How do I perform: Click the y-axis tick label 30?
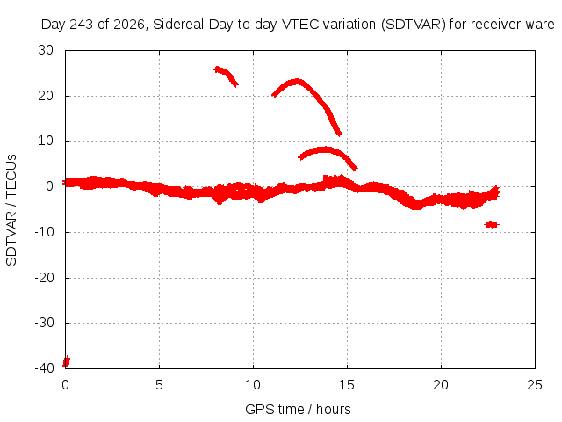point(46,50)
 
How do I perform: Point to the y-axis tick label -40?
point(44,368)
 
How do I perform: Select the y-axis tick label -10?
point(44,232)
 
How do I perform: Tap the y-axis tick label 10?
point(46,141)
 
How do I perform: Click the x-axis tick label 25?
point(535,385)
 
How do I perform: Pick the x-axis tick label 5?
point(159,385)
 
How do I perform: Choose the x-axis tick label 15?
point(347,385)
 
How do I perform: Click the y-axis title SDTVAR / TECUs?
point(11,210)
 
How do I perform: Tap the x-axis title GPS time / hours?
point(298,409)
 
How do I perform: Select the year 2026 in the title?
point(129,25)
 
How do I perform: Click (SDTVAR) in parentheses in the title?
point(413,25)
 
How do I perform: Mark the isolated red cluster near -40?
point(67,361)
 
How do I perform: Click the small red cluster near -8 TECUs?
point(492,225)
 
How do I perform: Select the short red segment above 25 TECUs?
point(226,76)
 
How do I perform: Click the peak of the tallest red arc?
point(297,82)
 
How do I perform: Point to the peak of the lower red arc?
point(325,149)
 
